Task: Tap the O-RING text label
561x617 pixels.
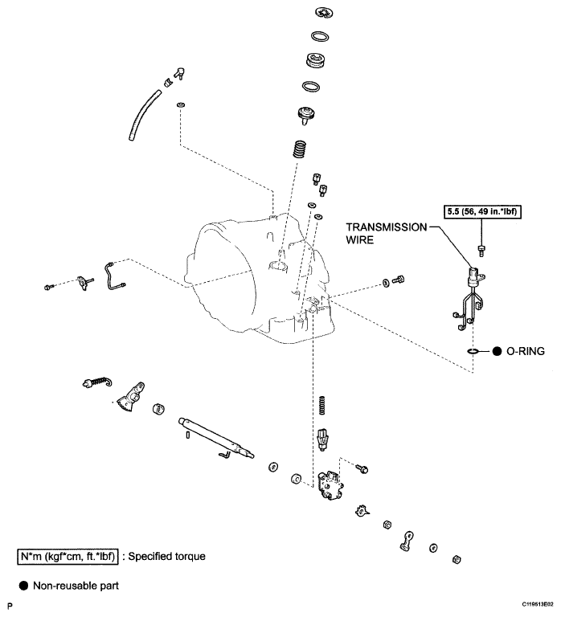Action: [524, 351]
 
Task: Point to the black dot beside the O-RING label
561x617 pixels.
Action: [498, 351]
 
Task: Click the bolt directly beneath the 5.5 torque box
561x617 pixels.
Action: [481, 247]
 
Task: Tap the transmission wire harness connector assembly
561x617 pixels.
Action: [470, 297]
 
